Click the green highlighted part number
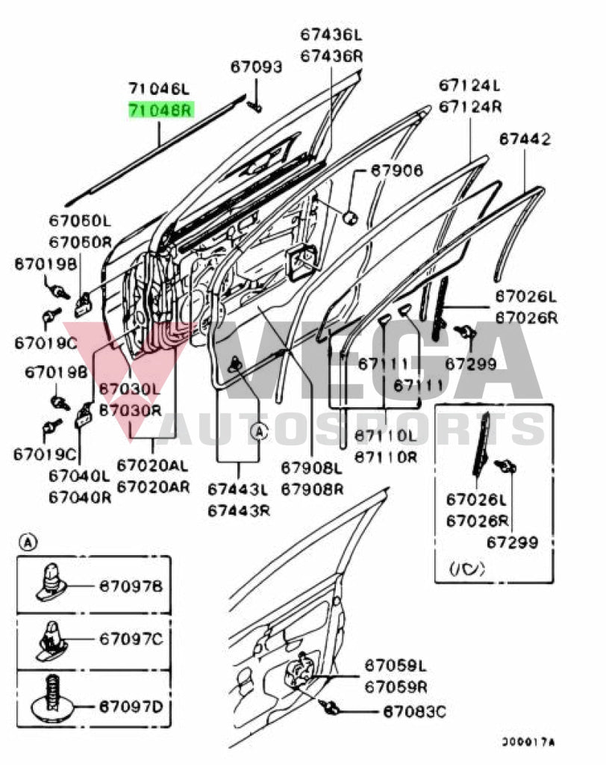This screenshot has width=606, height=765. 160,111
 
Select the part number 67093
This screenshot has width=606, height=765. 256,68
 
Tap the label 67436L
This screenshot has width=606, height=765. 331,35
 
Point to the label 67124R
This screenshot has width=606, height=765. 469,106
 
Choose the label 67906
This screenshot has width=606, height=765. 397,172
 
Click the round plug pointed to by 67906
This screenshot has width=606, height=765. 349,217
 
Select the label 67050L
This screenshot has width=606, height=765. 81,221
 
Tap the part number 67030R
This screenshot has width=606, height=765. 129,410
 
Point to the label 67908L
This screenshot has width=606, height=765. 312,468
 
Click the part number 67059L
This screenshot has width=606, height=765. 395,665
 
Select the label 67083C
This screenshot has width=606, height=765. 415,712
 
